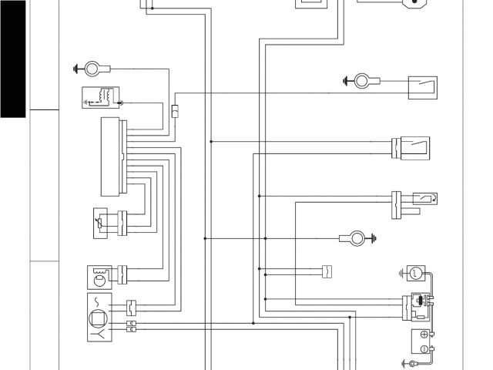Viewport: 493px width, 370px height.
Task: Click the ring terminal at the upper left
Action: click(92, 69)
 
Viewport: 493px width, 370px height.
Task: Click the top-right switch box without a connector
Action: click(423, 87)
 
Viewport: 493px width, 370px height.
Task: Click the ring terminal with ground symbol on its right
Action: click(356, 238)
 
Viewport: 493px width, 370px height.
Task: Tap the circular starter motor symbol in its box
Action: click(414, 272)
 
